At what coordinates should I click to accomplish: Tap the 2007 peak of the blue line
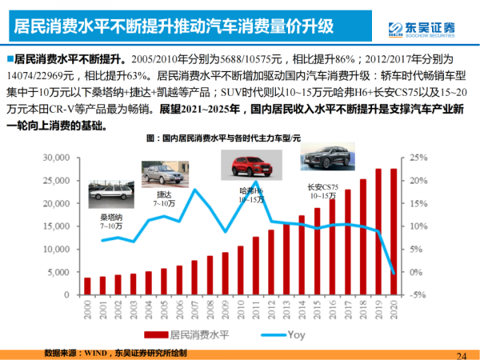pyautogui.click(x=195, y=190)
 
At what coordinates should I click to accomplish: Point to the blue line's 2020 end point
pyautogui.click(x=393, y=274)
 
